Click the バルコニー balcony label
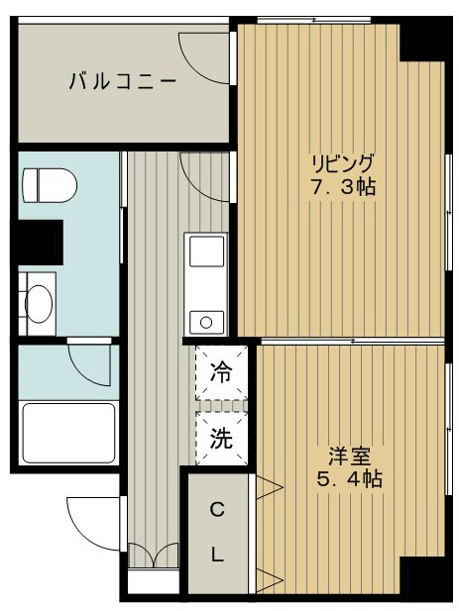[123, 81]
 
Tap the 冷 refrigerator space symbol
[221, 373]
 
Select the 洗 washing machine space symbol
[221, 439]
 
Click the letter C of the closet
[216, 512]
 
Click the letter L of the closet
[216, 555]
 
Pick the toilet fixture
[47, 184]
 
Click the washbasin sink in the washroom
[41, 302]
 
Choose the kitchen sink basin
[207, 253]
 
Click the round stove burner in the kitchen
[206, 320]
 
